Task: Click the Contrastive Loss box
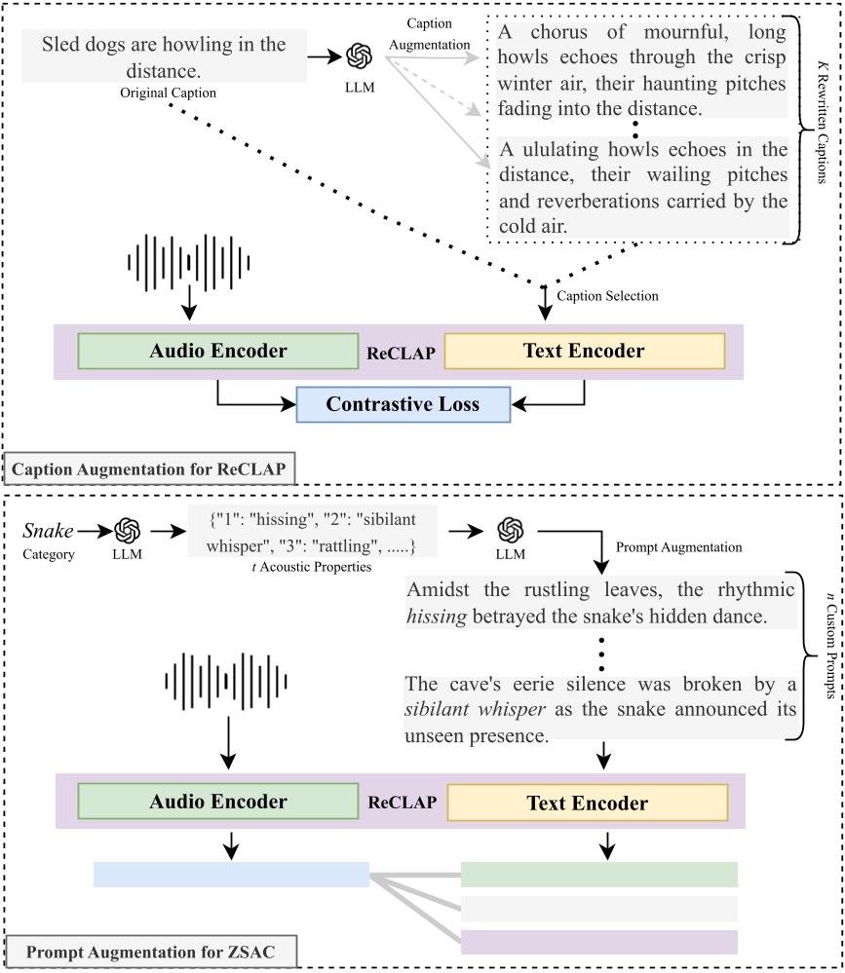click(403, 404)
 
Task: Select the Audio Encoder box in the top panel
click(217, 352)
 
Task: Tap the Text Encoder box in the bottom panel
click(587, 803)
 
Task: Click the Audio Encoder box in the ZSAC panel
click(217, 802)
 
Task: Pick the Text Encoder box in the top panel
click(585, 352)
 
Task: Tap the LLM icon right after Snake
click(128, 531)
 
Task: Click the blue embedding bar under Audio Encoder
click(231, 875)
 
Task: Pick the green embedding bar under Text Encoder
click(598, 875)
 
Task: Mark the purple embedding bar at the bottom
click(598, 942)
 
